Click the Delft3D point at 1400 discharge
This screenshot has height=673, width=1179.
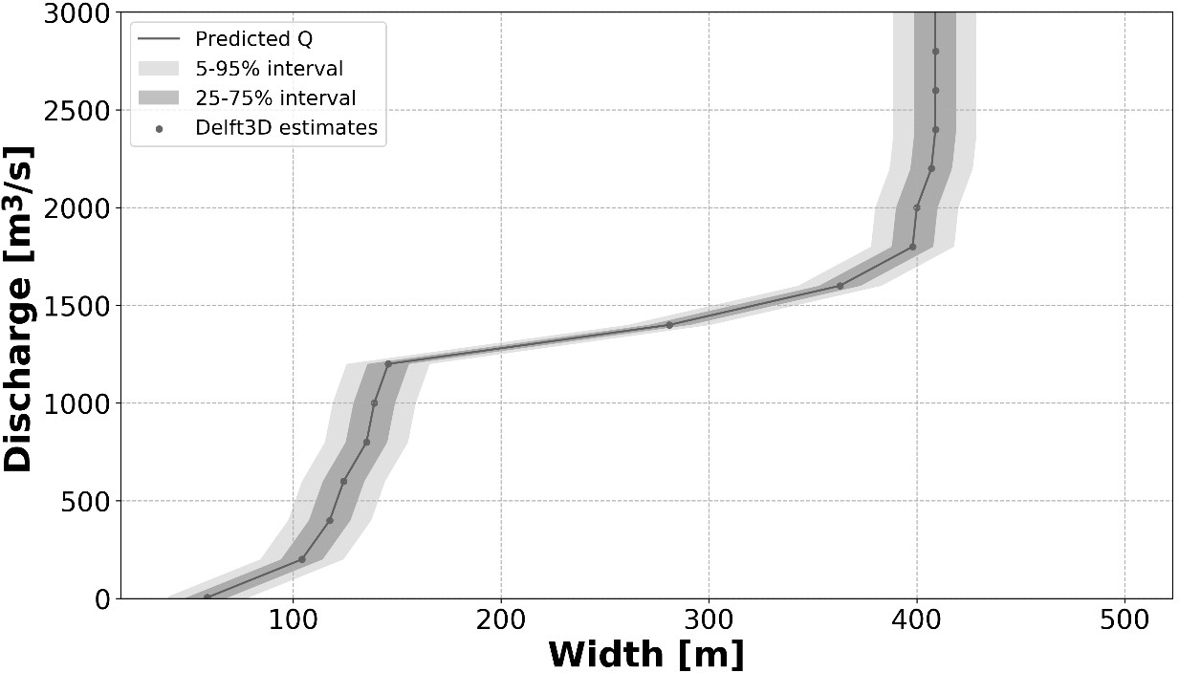tap(669, 325)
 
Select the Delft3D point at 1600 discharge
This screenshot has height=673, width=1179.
tap(840, 286)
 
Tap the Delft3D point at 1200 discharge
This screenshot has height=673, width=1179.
tap(388, 363)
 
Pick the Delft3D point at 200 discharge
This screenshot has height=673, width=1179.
tap(302, 559)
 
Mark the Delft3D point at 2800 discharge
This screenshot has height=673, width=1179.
tap(935, 52)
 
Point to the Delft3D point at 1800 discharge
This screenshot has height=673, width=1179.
tap(912, 247)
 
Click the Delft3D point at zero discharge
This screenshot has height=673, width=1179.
tap(207, 597)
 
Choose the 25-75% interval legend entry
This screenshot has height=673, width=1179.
tap(275, 98)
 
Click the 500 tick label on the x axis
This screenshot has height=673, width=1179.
tap(1124, 620)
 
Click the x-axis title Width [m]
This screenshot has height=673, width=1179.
tap(645, 655)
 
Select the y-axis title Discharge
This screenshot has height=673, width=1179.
tap(19, 308)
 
